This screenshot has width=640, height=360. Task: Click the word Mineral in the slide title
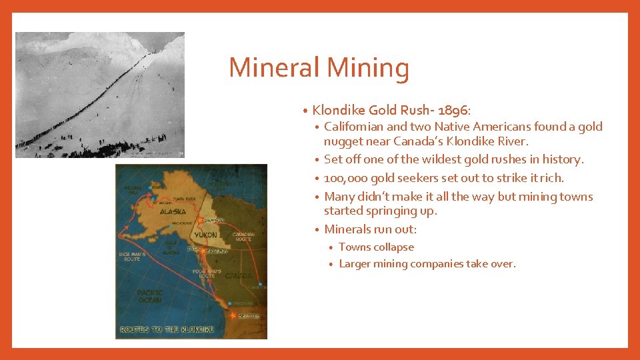pyautogui.click(x=274, y=68)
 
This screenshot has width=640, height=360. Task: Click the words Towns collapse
pyautogui.click(x=376, y=247)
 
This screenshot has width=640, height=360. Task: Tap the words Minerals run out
pyautogui.click(x=370, y=229)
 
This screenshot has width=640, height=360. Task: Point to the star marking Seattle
pyautogui.click(x=233, y=315)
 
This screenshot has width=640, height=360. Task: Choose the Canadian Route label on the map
pyautogui.click(x=243, y=236)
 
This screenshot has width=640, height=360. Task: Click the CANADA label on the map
pyautogui.click(x=237, y=275)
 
